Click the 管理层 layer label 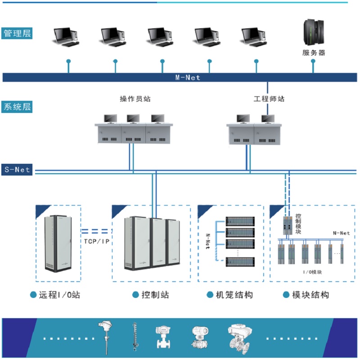17,33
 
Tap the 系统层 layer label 17,107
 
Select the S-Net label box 17,170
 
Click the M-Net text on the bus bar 188,77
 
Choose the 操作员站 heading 135,99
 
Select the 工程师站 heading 269,99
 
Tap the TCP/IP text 96,242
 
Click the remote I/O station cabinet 58,243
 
